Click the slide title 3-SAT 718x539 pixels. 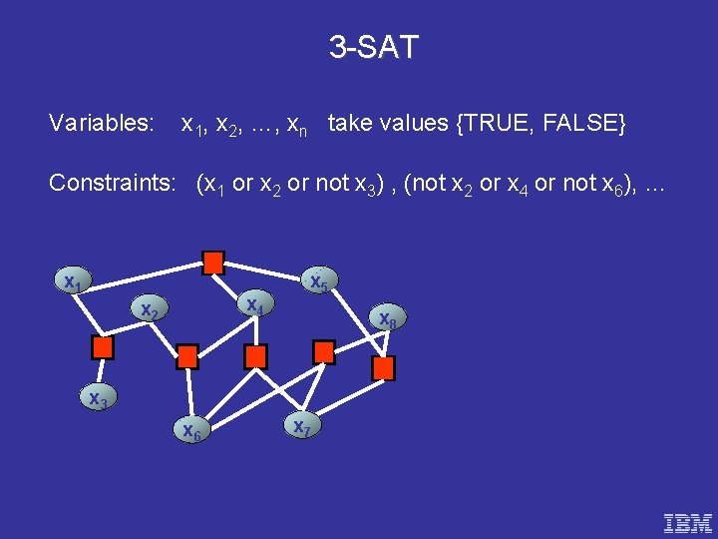(x=374, y=46)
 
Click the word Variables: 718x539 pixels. (x=102, y=124)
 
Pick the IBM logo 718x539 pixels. (x=688, y=522)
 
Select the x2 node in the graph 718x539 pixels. (x=150, y=310)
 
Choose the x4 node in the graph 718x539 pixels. (x=255, y=304)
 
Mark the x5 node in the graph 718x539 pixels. (x=319, y=282)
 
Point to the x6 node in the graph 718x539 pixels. (x=190, y=430)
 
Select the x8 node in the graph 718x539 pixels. (x=387, y=318)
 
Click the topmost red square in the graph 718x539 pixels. (x=212, y=263)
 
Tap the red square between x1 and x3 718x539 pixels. (x=103, y=347)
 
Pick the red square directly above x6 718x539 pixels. (x=187, y=356)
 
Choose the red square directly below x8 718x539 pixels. (x=383, y=368)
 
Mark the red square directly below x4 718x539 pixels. (x=256, y=356)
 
